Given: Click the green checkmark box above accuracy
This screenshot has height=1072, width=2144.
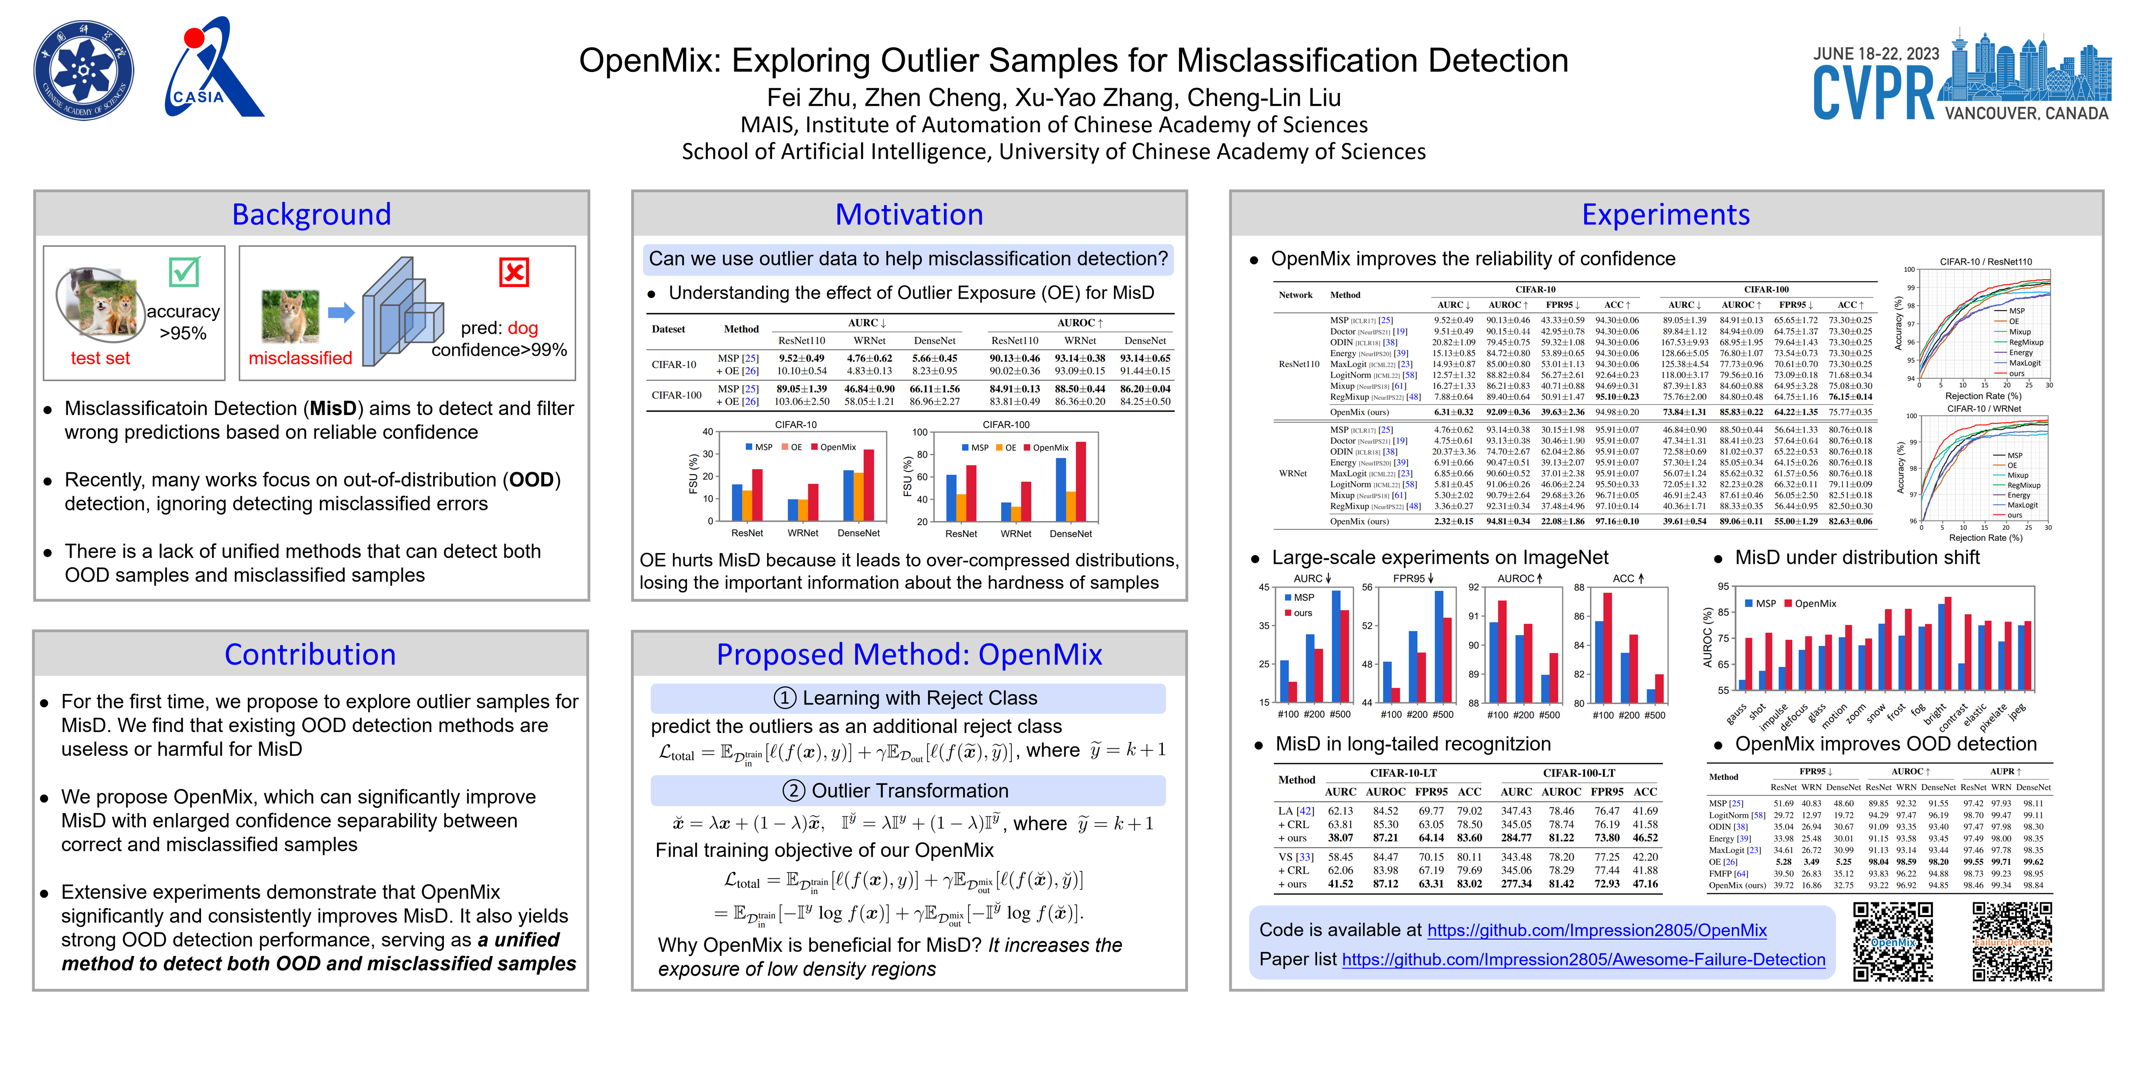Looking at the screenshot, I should point(184,271).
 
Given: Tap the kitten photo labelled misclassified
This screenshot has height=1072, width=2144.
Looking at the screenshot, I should point(290,316).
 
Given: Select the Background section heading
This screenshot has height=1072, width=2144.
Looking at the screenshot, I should point(311,215).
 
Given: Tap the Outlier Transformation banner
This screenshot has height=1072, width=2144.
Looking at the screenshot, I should point(907,791).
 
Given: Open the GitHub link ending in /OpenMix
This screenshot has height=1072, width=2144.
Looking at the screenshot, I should point(1596,930).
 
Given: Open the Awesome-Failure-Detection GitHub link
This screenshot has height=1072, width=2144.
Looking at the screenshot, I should point(1583,960).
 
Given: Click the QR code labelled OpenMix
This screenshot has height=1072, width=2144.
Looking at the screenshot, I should point(1893,942).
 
